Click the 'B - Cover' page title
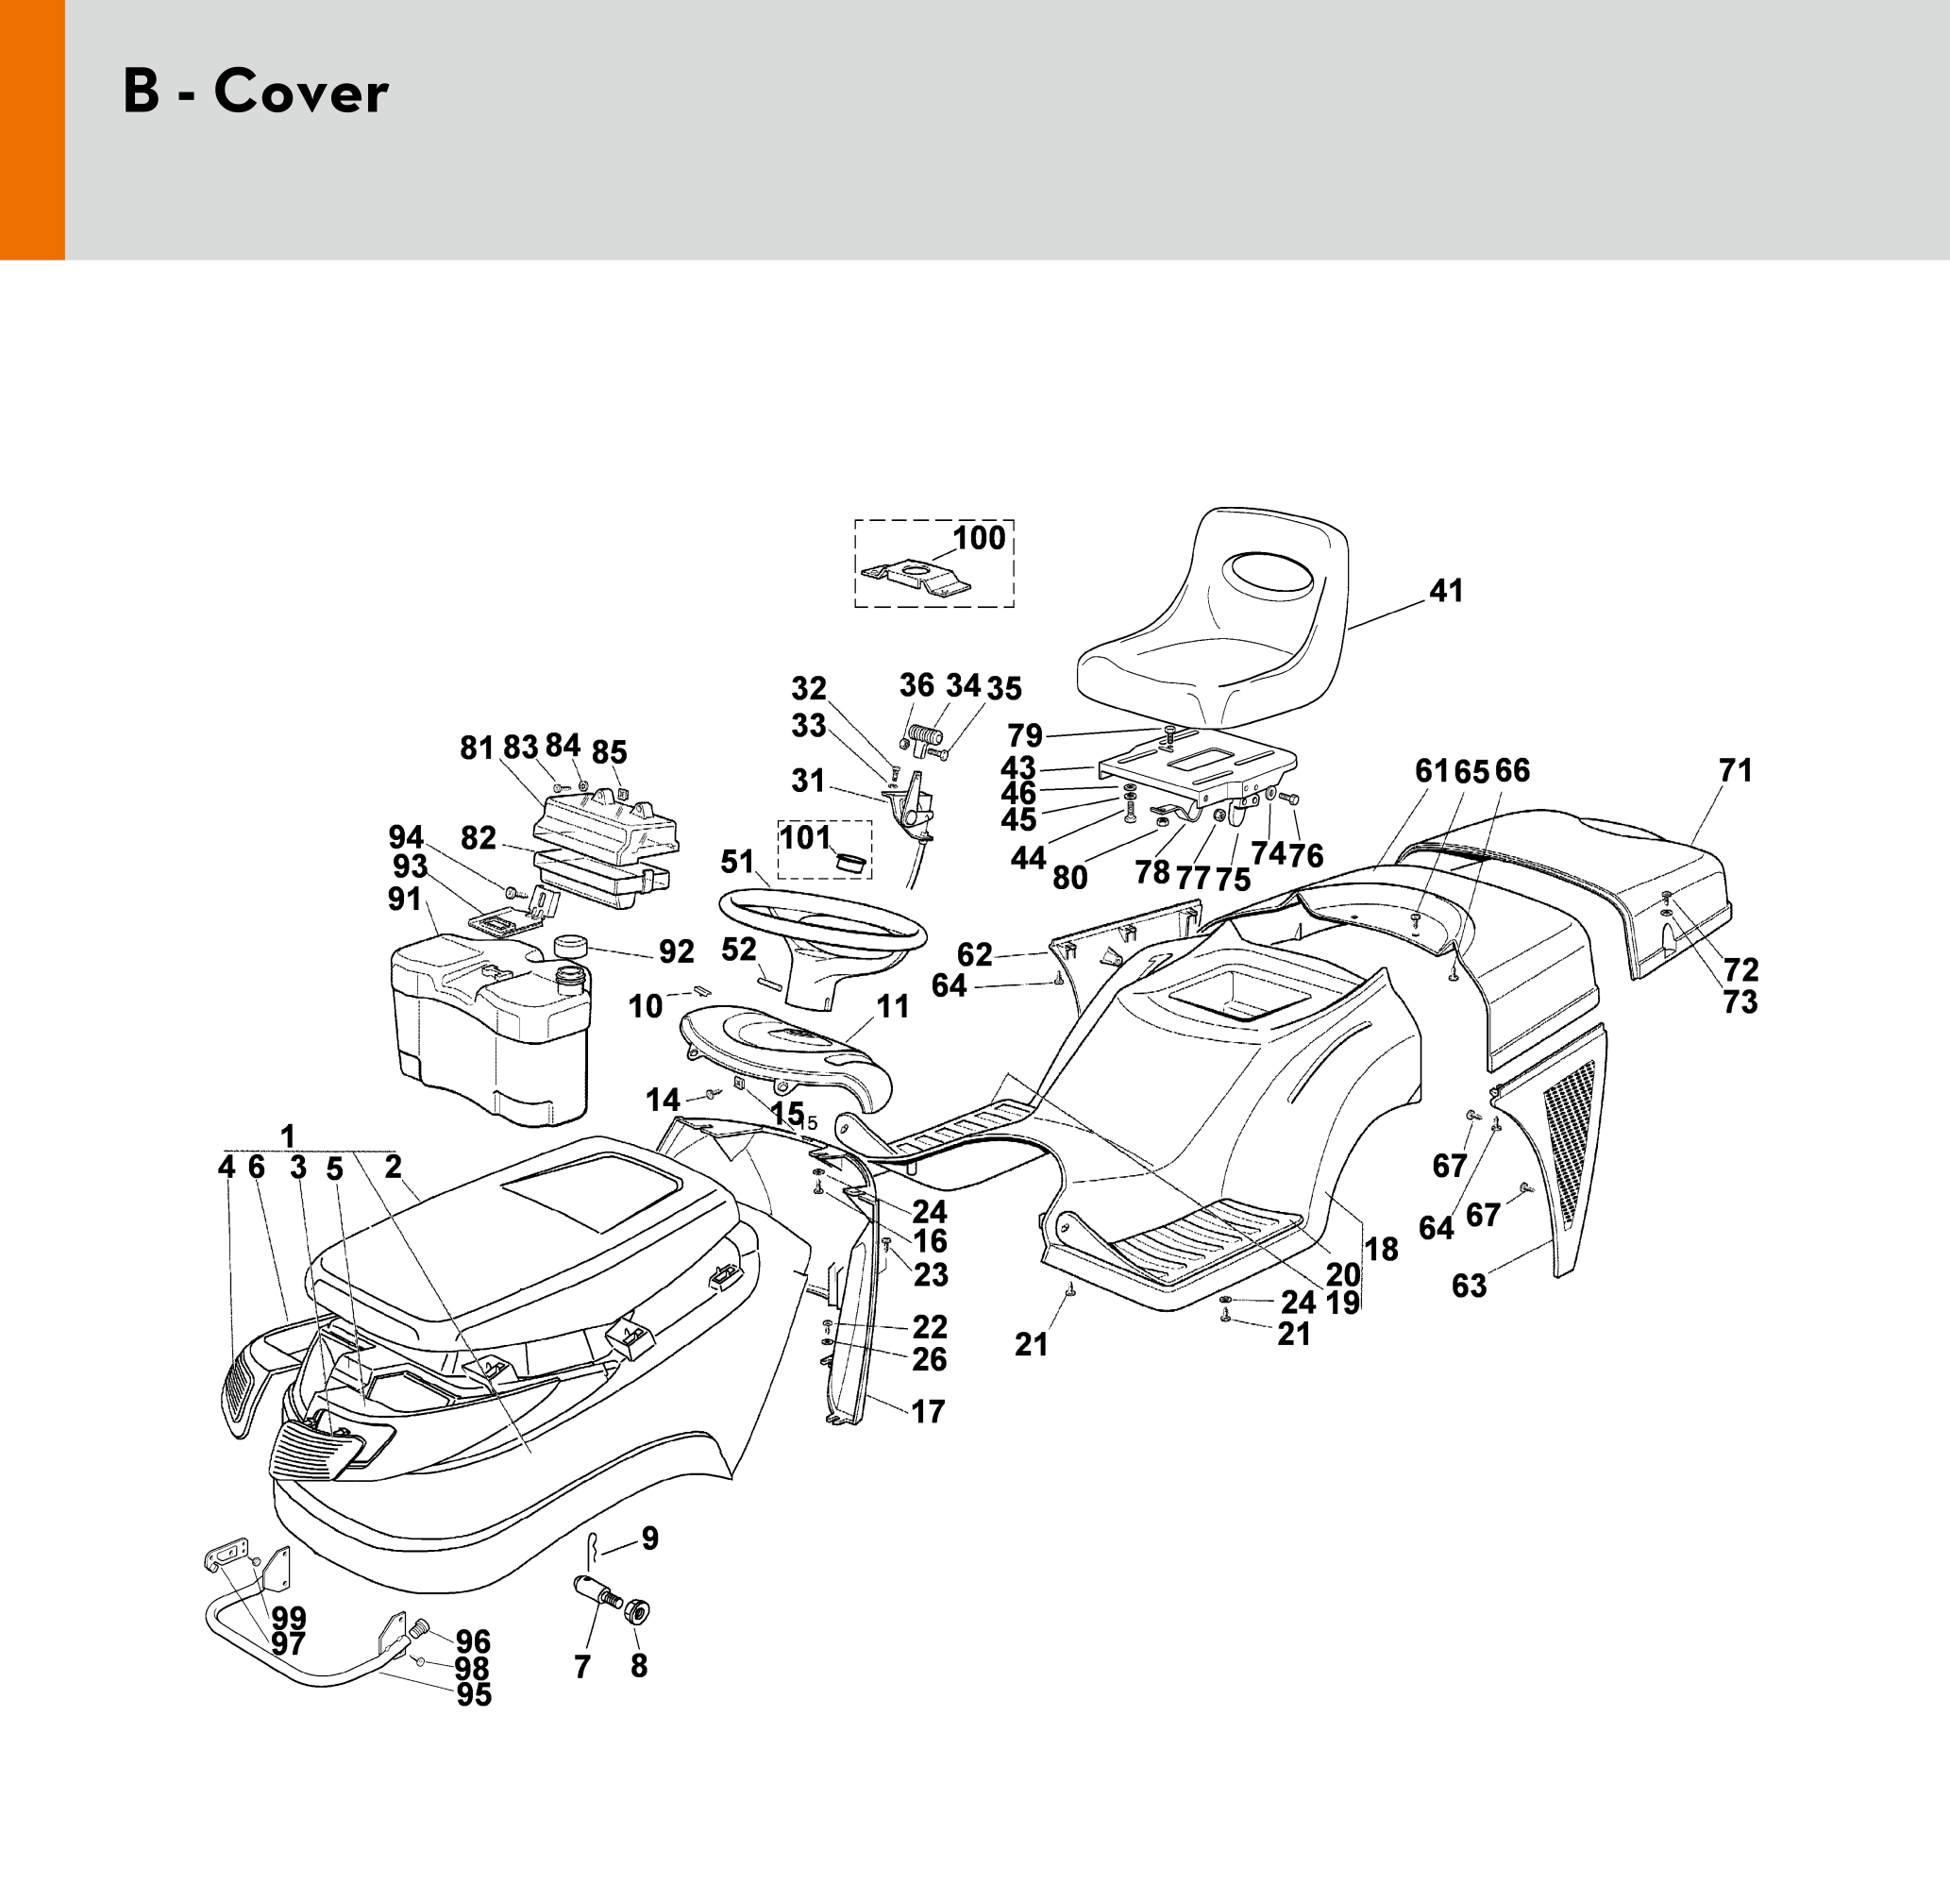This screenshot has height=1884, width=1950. click(255, 92)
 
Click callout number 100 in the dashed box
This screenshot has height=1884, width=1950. click(979, 538)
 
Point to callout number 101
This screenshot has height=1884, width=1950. click(804, 837)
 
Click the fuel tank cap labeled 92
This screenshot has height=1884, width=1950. click(570, 944)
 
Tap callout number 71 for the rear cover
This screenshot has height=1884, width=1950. click(1735, 770)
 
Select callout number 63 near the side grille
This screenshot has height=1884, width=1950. click(1469, 1286)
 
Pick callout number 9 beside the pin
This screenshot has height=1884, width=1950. click(649, 1539)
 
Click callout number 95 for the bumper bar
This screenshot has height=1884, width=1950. click(474, 1694)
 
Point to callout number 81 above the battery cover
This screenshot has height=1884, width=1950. click(477, 747)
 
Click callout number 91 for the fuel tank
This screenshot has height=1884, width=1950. click(405, 900)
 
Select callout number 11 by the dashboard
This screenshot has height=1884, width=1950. click(893, 1007)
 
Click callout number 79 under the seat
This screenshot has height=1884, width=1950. click(1025, 735)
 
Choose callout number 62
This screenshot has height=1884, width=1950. click(974, 955)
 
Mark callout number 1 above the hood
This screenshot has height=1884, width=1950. click(288, 1136)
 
